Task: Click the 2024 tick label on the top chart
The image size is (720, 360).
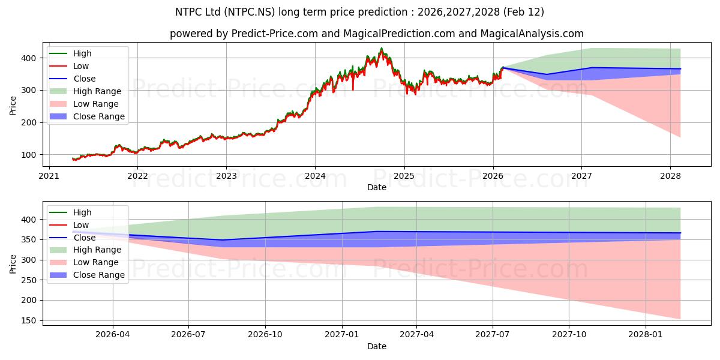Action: click(315, 176)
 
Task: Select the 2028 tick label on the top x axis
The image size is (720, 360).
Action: click(670, 176)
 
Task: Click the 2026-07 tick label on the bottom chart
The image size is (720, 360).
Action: click(188, 335)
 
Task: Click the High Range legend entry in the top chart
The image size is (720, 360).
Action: click(97, 91)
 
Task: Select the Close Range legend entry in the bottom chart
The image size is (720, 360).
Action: click(99, 275)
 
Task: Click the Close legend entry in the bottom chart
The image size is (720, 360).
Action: click(85, 238)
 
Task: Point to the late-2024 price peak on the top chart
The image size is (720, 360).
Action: click(381, 49)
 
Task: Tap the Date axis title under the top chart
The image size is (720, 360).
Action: click(376, 188)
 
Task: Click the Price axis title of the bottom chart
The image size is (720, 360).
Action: click(13, 263)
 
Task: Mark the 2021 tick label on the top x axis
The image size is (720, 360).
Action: click(49, 176)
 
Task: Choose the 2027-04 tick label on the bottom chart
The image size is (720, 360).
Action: click(417, 335)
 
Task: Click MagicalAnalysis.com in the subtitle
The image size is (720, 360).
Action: click(532, 34)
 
